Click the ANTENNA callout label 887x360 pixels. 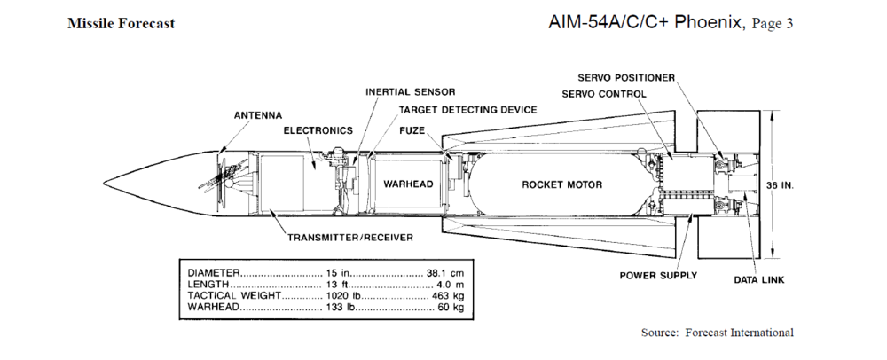[258, 115]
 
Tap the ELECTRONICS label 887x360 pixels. [318, 130]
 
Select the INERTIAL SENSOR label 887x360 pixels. [411, 92]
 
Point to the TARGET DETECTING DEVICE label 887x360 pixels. [467, 110]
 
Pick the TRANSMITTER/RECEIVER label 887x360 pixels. [350, 238]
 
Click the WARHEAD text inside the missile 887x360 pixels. [407, 184]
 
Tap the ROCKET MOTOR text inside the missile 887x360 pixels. [561, 184]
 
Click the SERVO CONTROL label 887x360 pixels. [604, 94]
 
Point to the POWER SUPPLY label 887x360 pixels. [658, 275]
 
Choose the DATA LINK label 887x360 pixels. [758, 280]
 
